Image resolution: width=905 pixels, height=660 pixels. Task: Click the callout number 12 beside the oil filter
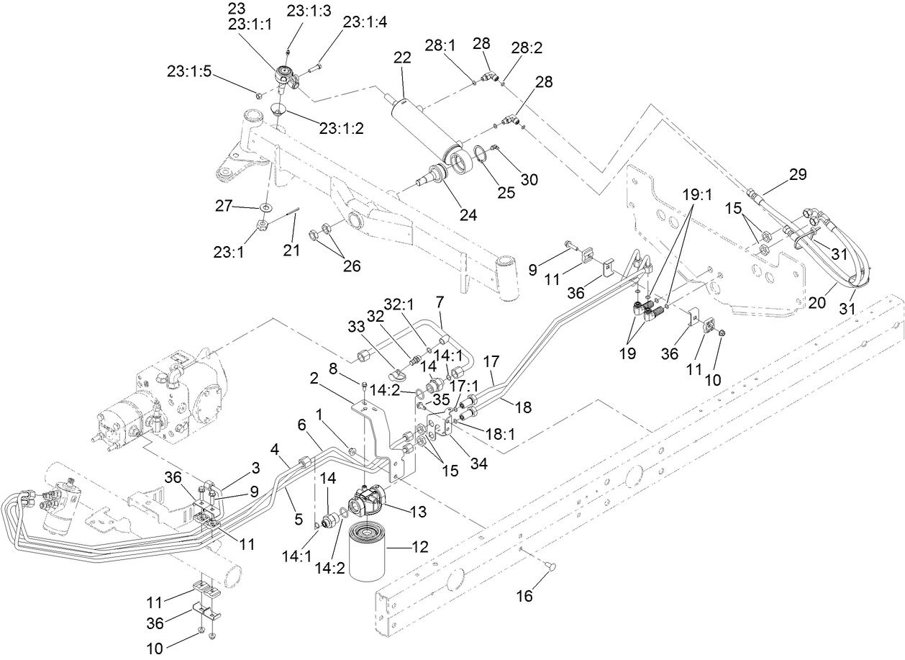419,547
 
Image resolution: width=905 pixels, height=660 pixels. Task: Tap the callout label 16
526,596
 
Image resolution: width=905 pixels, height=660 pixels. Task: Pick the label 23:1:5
188,71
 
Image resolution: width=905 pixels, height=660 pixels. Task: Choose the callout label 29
797,173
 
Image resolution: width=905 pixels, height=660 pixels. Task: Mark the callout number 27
224,206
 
